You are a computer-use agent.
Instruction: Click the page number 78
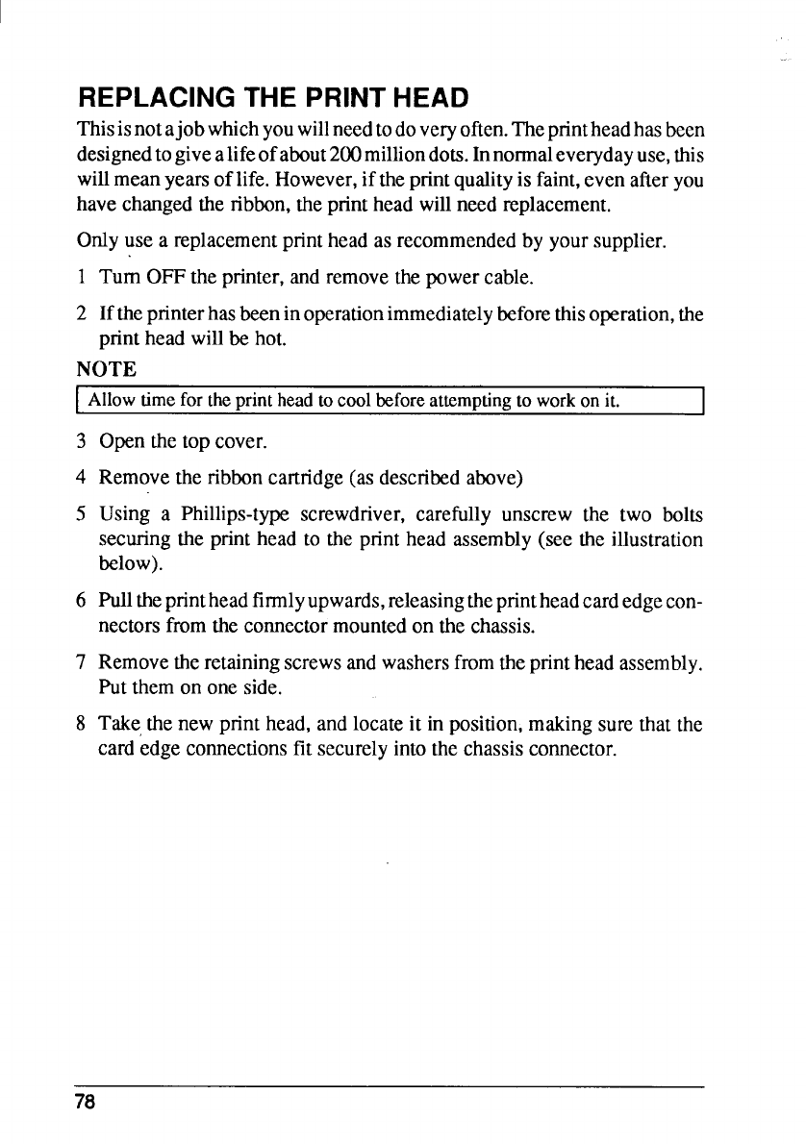pyautogui.click(x=86, y=1103)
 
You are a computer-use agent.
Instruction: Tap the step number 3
pyautogui.click(x=83, y=443)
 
